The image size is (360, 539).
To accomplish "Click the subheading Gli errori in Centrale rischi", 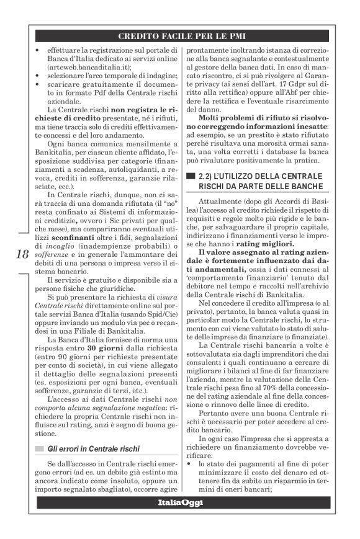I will (x=95, y=448).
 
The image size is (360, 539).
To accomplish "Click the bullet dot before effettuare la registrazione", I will (x=38, y=50).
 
